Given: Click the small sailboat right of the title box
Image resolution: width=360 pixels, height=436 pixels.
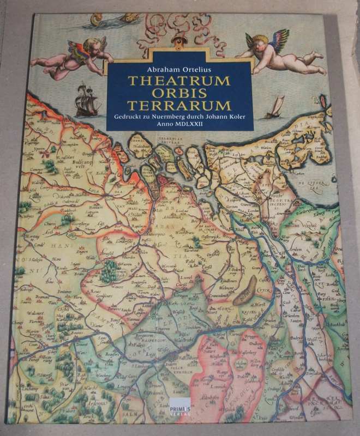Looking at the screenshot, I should tap(277, 107).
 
